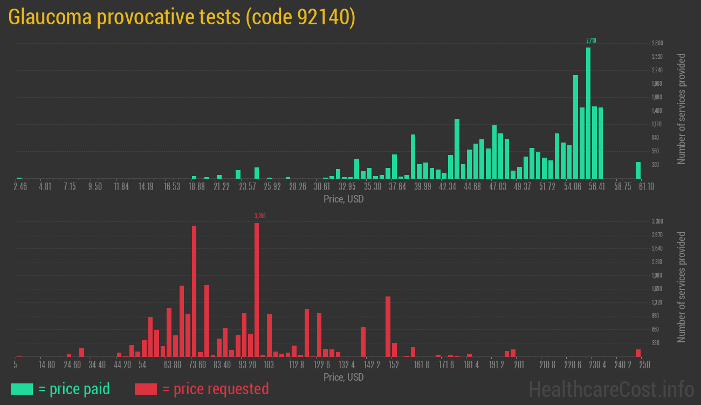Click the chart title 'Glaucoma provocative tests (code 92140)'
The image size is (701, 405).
click(182, 18)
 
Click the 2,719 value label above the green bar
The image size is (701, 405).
click(591, 41)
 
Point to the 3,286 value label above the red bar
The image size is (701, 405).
click(260, 216)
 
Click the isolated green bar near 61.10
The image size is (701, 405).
click(638, 170)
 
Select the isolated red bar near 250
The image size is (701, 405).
click(638, 353)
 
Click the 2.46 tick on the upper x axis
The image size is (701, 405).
click(20, 187)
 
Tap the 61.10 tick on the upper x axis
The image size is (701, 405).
click(646, 187)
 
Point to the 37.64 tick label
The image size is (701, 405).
click(397, 187)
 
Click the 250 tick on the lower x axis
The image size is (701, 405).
click(644, 365)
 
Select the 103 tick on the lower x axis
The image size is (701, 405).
click(269, 365)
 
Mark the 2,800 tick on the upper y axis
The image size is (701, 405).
click(657, 43)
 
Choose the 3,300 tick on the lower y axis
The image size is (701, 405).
click(657, 221)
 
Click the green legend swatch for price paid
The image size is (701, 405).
click(22, 389)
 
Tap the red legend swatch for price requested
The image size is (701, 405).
click(146, 389)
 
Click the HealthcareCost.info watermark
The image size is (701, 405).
click(611, 389)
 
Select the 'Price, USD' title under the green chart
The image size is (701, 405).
click(343, 199)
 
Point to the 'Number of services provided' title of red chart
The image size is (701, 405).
click(682, 287)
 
